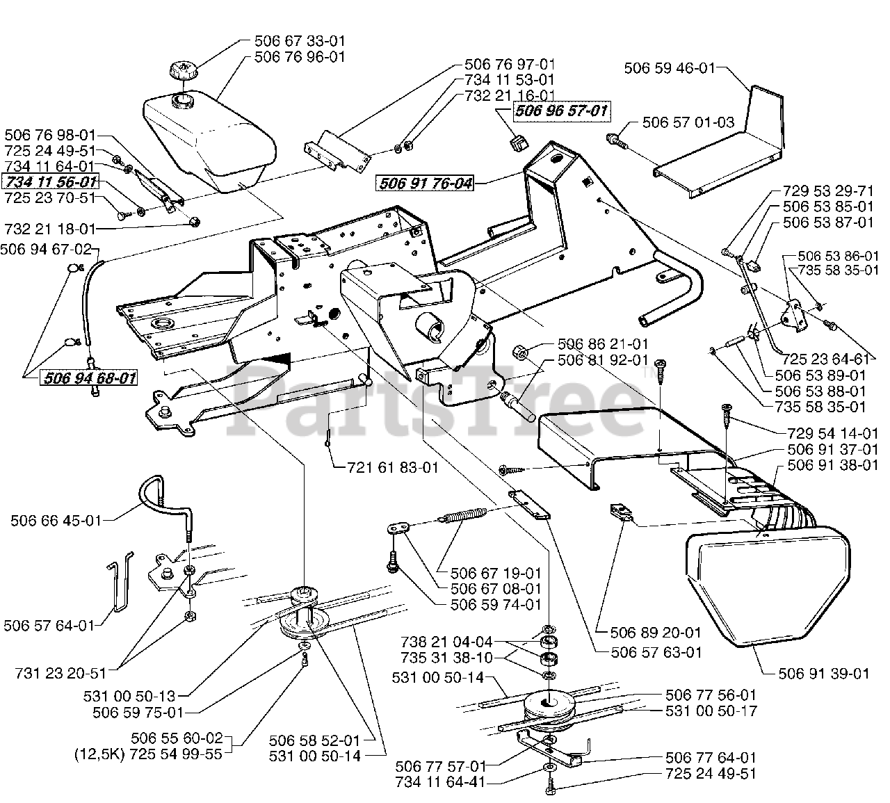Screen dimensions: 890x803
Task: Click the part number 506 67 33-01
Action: (x=300, y=41)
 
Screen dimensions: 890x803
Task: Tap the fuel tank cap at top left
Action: (x=184, y=72)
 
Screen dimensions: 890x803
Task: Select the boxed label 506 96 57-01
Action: (x=562, y=111)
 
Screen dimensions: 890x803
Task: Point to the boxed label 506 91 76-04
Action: (x=425, y=183)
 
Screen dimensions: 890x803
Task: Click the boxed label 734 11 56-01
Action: (x=51, y=181)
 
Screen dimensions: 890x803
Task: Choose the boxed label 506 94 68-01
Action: (x=89, y=378)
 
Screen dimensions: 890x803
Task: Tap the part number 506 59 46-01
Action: (x=670, y=68)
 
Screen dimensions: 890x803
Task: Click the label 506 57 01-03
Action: (x=688, y=122)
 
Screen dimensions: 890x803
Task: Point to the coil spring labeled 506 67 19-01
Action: (x=462, y=515)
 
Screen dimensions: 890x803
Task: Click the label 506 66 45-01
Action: (x=56, y=521)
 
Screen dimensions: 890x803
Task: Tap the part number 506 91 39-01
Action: (x=824, y=674)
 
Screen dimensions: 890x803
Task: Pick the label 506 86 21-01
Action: (x=603, y=344)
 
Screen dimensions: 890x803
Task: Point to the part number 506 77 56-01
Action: (x=711, y=695)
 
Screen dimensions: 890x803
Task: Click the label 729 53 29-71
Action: (x=828, y=190)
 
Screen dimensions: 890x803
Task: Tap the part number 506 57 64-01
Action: (x=49, y=626)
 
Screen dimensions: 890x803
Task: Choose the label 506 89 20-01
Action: (x=656, y=632)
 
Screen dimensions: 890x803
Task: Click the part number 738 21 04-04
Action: (x=447, y=642)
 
